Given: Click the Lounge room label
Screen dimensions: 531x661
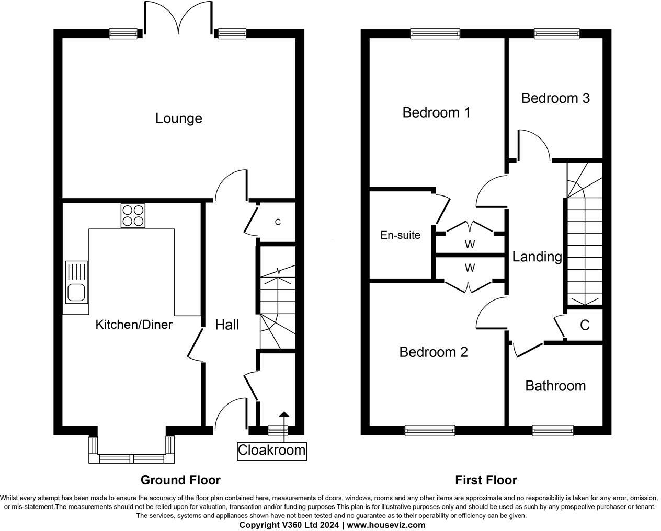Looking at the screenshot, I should (x=178, y=118).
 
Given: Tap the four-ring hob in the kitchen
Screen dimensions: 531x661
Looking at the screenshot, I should (x=132, y=215).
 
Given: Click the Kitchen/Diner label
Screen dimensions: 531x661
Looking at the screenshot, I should (x=134, y=325).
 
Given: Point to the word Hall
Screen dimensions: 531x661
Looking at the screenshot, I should (x=227, y=325).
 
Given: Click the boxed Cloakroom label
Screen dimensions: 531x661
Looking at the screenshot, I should (x=271, y=450).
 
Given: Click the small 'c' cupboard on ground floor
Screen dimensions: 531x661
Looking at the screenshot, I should (x=278, y=222).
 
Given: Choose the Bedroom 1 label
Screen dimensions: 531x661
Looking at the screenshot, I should (x=436, y=112).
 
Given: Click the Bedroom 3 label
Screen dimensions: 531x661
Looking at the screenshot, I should (x=555, y=98).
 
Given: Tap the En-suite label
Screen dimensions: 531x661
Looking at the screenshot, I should (x=400, y=235).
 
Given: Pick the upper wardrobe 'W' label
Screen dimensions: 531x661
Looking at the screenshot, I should (x=470, y=244).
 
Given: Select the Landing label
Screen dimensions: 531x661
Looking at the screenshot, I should (x=537, y=257).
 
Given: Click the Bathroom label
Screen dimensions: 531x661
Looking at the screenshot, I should (x=555, y=386).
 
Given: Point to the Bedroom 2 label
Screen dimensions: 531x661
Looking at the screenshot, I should (x=433, y=352).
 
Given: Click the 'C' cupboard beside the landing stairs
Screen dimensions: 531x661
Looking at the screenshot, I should (x=584, y=325).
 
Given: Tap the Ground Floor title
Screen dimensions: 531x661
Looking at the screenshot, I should (x=180, y=480).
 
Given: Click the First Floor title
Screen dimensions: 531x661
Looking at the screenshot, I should (x=486, y=480).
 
